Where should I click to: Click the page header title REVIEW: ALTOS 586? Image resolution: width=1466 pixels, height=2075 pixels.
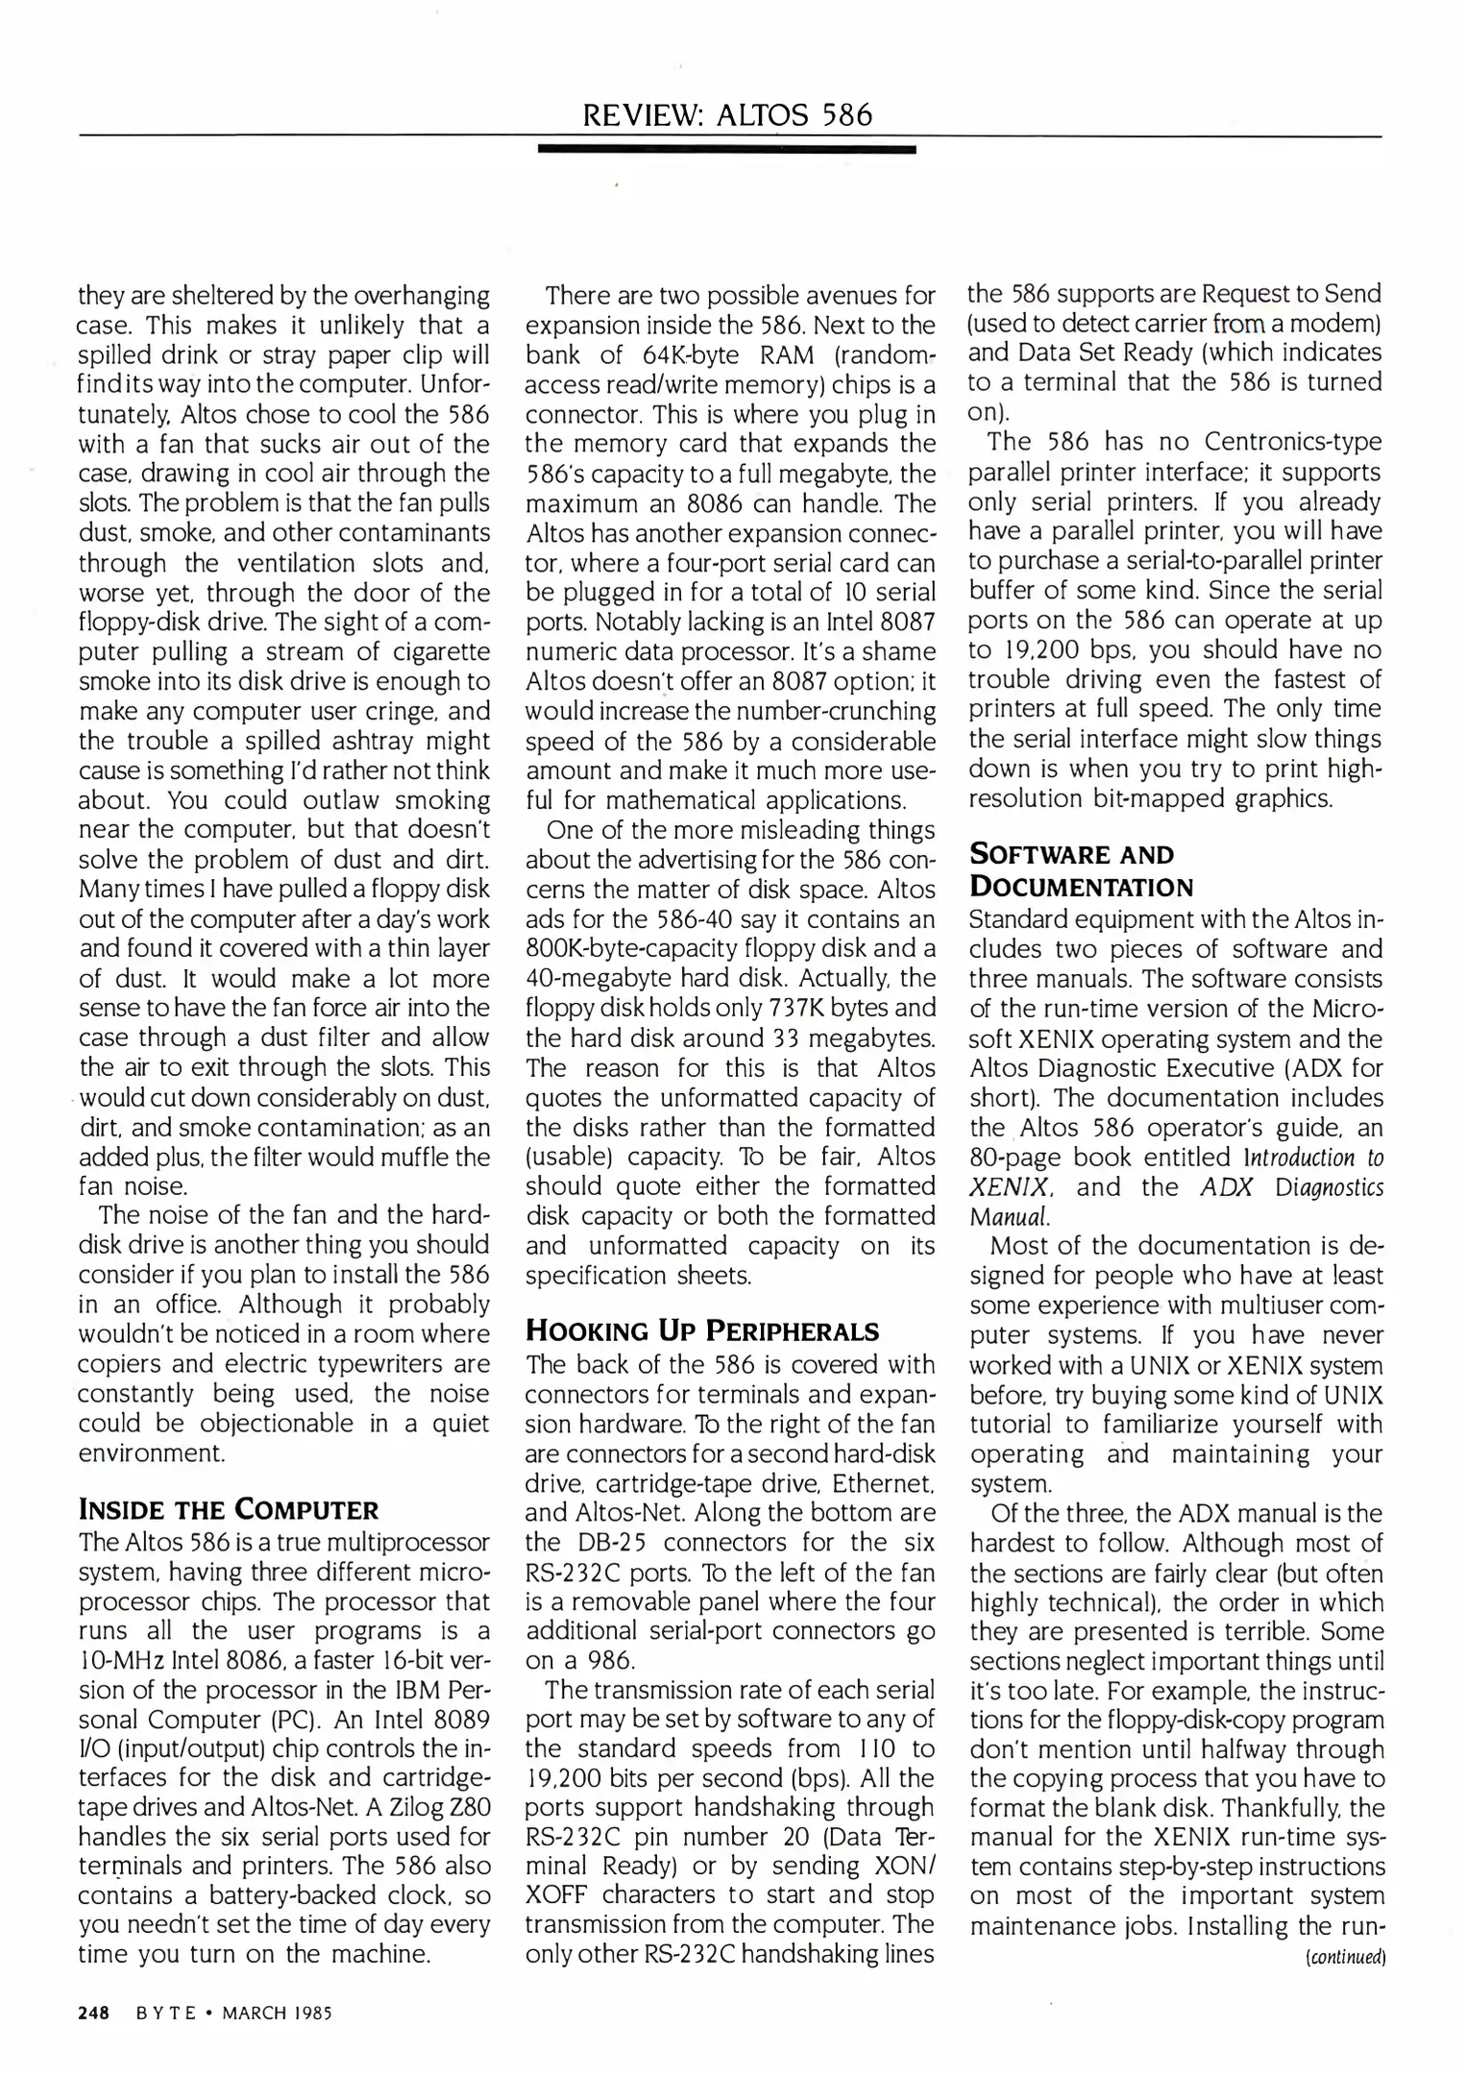[727, 115]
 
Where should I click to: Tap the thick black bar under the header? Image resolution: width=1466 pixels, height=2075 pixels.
[727, 150]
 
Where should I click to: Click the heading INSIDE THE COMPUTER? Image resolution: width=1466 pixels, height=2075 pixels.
[229, 1509]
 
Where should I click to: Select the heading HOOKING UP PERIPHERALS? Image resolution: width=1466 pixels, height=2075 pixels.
[702, 1330]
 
